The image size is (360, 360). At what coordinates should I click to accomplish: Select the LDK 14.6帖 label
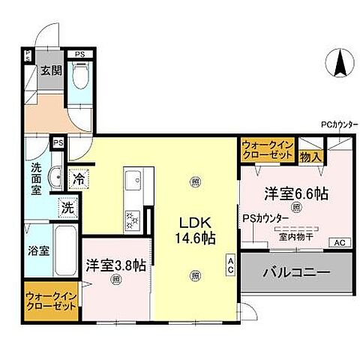coord(196,228)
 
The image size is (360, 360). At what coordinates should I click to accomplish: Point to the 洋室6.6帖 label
coord(295,193)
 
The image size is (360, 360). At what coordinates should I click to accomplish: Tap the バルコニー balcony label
coord(296,272)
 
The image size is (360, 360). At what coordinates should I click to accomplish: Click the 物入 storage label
coord(310,157)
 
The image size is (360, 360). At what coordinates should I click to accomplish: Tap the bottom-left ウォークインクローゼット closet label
coord(52,301)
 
